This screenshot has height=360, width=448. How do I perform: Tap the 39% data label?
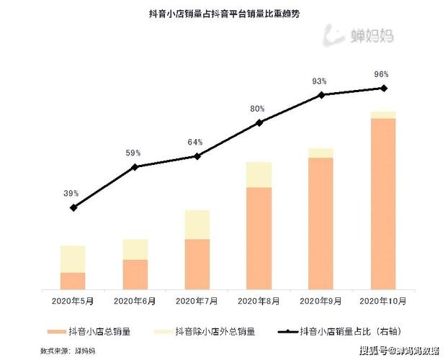coord(71,194)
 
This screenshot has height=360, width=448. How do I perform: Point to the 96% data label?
coord(382,74)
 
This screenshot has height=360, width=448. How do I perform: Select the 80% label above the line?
coord(257,109)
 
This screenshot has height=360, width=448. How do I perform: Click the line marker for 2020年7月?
coord(197,156)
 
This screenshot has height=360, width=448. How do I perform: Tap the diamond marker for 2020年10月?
coord(383,89)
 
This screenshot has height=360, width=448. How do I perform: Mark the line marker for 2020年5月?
coord(73,207)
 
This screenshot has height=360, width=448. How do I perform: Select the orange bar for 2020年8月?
coord(259,238)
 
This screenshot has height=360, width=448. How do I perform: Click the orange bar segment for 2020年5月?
coord(73,282)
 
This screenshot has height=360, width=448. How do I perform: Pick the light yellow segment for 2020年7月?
coord(197,225)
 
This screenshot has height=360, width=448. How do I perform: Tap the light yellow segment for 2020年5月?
coord(73,259)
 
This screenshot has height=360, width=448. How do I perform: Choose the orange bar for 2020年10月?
coord(382,204)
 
